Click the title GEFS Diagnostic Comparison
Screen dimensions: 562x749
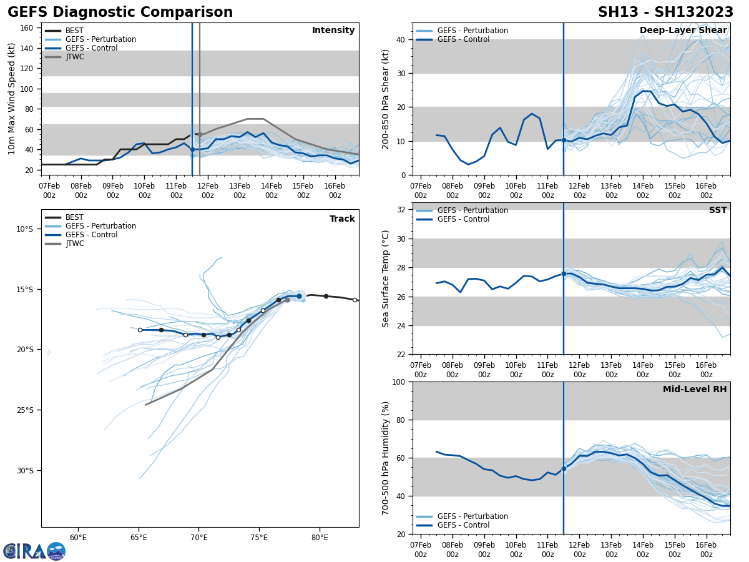120,12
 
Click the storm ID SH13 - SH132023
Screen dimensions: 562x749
665,12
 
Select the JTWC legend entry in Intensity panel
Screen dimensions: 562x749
74,57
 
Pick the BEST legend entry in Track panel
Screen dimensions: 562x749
74,217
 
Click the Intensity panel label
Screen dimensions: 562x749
333,31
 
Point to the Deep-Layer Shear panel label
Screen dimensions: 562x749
683,31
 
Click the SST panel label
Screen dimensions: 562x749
717,210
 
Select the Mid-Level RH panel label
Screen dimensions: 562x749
695,390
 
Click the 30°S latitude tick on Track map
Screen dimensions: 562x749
24,471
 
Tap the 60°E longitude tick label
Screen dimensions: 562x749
78,537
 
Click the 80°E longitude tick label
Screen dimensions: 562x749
320,537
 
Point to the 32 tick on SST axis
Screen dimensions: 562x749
401,210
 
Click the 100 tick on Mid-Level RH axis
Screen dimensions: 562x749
398,382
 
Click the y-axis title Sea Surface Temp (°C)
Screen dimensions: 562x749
386,279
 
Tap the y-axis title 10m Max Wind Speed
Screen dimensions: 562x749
12,99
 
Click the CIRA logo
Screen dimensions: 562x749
34,551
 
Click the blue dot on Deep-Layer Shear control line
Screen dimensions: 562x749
564,140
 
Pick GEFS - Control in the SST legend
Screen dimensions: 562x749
463,219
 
